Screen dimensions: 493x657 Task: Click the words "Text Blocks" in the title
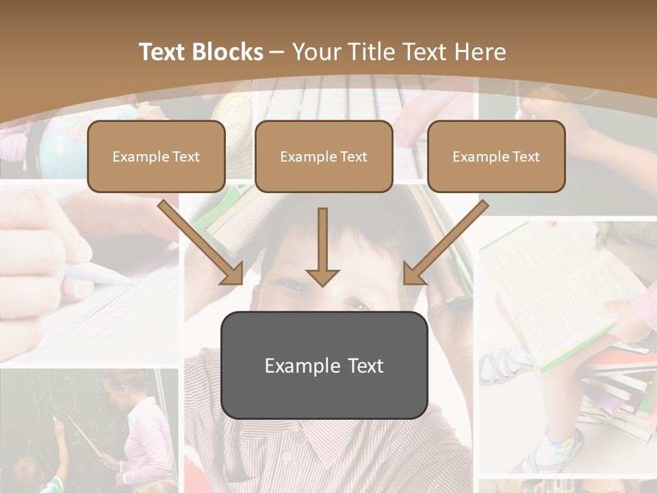point(201,52)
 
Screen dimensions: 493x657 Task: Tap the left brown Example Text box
point(156,157)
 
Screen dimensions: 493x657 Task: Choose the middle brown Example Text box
point(324,157)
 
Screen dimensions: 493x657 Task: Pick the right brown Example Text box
point(496,157)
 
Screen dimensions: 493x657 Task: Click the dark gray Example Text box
point(324,366)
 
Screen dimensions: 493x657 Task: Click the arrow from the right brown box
point(446,244)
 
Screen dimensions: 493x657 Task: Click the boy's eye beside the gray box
point(357,302)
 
